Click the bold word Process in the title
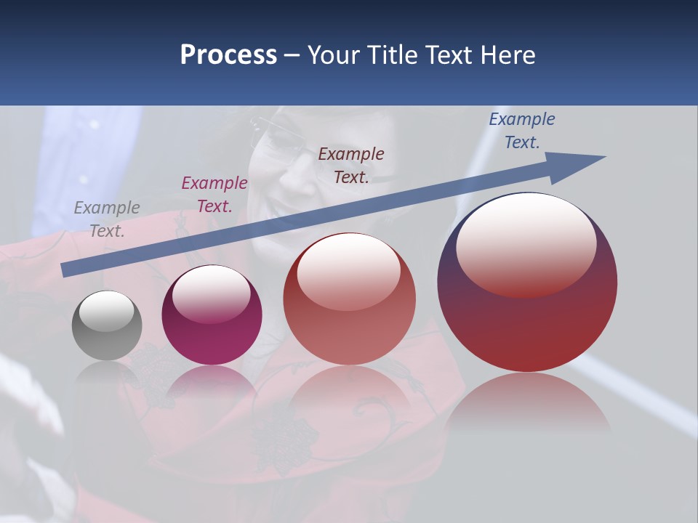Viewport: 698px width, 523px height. pyautogui.click(x=228, y=55)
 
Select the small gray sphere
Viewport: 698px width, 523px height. pyautogui.click(x=107, y=325)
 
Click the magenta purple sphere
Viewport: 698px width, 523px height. pyautogui.click(x=212, y=315)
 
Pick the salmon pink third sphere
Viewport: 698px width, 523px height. pyautogui.click(x=349, y=299)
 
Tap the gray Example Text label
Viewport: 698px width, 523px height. pyautogui.click(x=107, y=219)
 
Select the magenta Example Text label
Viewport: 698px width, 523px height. pyautogui.click(x=214, y=195)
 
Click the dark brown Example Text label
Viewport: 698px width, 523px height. pyautogui.click(x=351, y=166)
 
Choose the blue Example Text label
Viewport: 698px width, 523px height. pyautogui.click(x=522, y=131)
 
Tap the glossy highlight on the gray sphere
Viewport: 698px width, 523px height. pyautogui.click(x=106, y=311)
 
